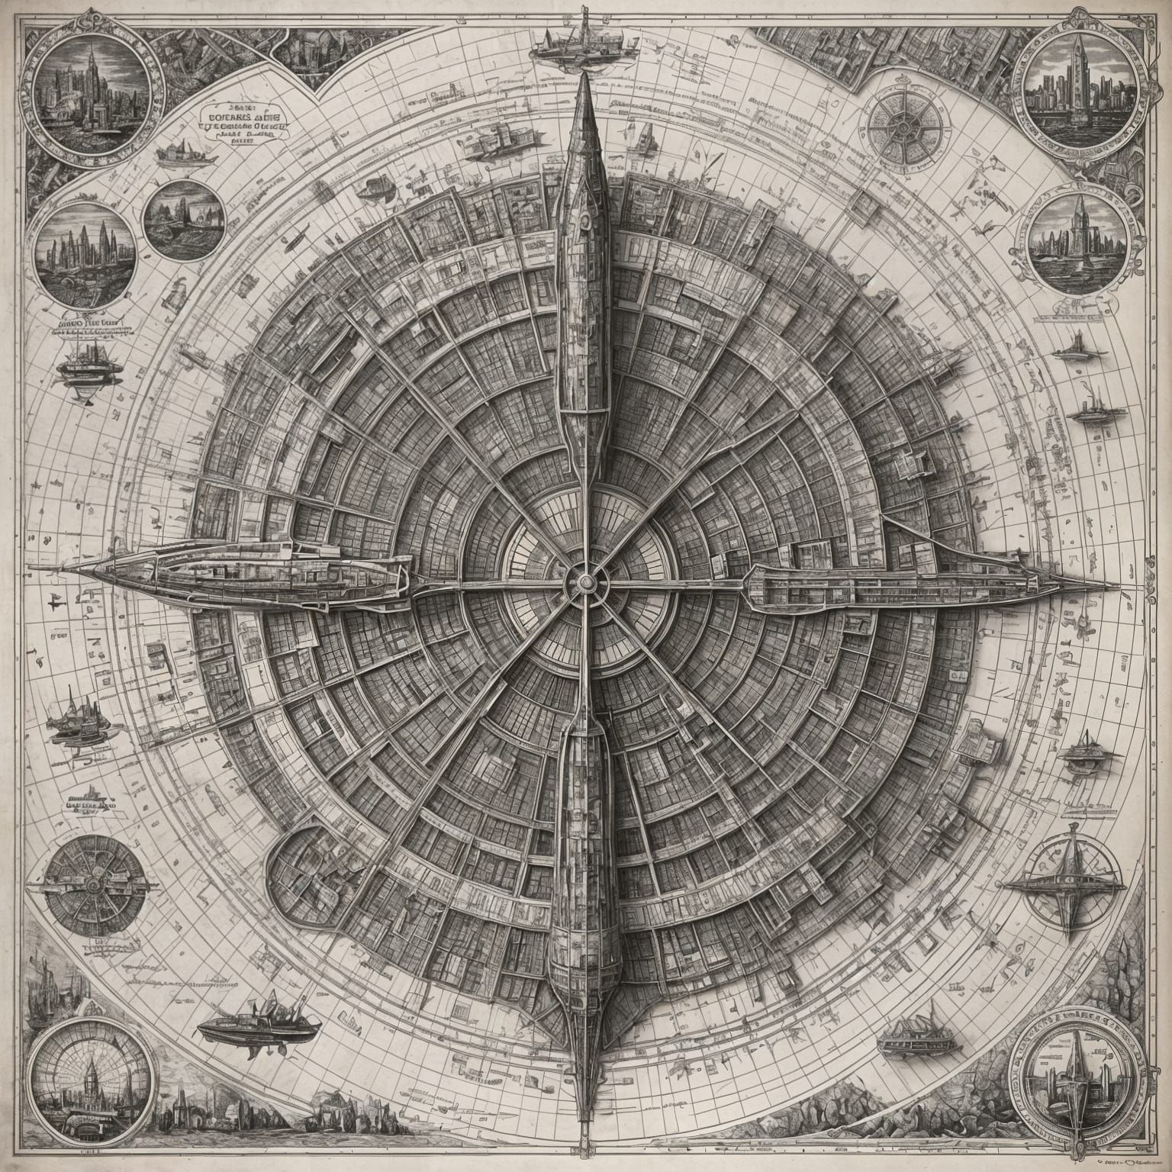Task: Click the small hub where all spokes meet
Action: [585, 582]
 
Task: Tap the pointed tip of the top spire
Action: [585, 74]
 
